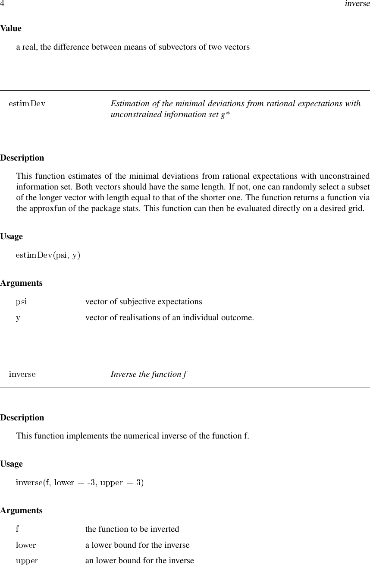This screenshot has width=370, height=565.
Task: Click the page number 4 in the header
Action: (2, 4)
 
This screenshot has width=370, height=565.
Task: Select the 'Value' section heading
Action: (11, 28)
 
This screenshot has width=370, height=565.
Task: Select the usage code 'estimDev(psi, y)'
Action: (48, 255)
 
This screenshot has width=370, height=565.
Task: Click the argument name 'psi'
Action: (22, 302)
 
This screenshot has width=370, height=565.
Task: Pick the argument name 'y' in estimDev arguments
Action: (18, 319)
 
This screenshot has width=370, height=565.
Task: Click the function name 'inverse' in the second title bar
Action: (22, 374)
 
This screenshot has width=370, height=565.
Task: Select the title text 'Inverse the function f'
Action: (149, 374)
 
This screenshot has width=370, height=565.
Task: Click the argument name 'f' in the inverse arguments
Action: (17, 529)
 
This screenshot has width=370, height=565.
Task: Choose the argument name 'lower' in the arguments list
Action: (26, 545)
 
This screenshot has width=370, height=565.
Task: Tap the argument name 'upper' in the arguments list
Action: (27, 561)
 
